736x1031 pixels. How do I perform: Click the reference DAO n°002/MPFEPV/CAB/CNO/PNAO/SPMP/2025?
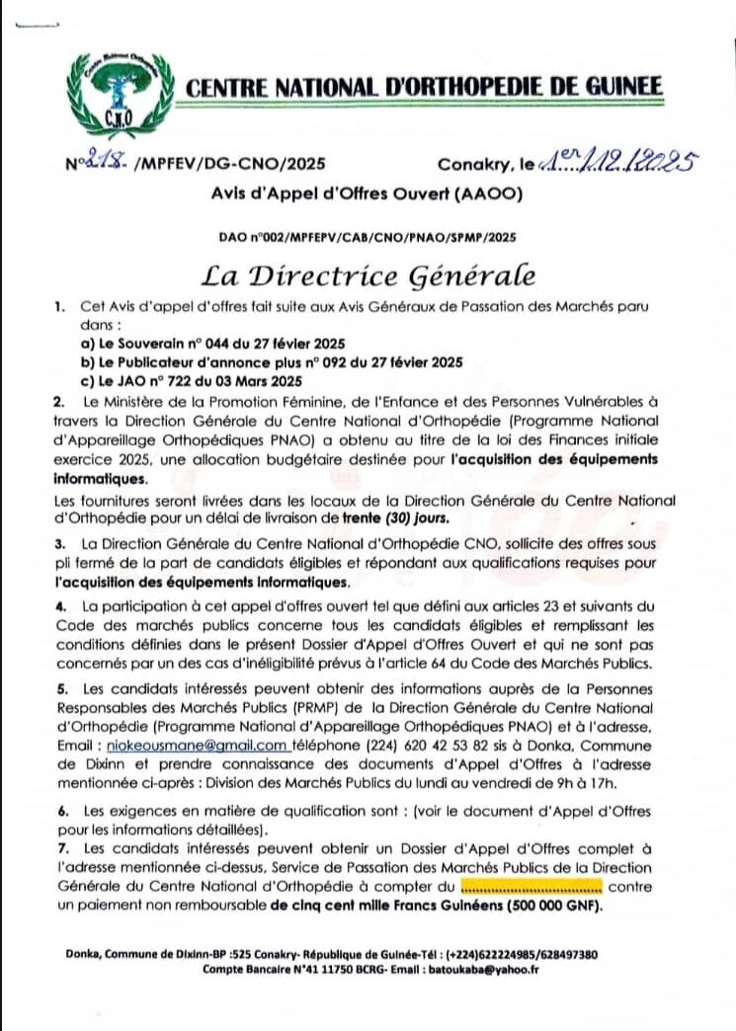pos(368,237)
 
